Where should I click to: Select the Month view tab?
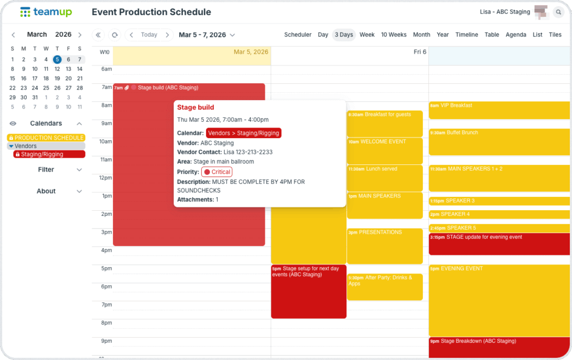pos(421,35)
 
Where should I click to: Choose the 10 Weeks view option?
pos(394,35)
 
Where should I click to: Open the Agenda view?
pos(516,35)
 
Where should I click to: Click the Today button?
pos(149,35)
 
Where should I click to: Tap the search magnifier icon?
pos(558,12)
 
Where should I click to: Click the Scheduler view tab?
pos(298,35)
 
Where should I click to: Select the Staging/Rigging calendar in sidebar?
pos(49,154)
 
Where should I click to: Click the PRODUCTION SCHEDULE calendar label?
pos(49,138)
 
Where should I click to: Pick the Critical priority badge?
pos(217,172)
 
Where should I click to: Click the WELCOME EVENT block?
pos(384,150)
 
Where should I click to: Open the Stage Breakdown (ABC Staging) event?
pos(499,347)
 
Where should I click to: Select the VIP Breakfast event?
pos(499,110)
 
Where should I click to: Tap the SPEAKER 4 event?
pos(499,214)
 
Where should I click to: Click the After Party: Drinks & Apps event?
pos(384,286)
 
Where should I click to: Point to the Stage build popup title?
pos(196,107)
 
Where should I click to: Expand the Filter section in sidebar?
pos(46,169)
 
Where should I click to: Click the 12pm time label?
pos(105,178)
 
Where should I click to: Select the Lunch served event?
pos(384,178)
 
